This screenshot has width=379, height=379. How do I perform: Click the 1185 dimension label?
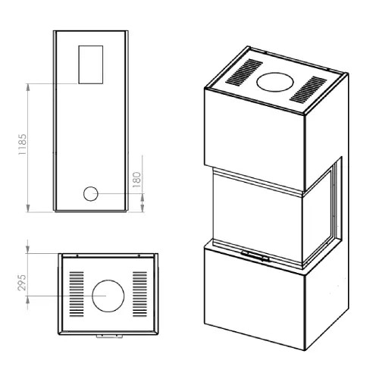pos(22,145)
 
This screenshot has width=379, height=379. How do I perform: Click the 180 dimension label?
pos(136,180)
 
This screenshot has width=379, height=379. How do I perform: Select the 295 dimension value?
pos(22,283)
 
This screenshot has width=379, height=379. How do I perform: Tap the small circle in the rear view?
pos(90,194)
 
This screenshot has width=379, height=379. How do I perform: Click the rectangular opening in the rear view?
pos(91,64)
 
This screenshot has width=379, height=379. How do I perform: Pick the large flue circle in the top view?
pos(108,296)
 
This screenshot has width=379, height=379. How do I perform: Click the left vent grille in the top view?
pos(77,294)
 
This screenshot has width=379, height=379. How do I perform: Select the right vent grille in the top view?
pos(139,294)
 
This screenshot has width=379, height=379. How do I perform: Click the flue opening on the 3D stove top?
pos(275,82)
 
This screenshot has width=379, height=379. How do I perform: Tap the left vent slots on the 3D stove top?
pos(244,72)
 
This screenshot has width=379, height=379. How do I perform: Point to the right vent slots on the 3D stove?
pos(308,89)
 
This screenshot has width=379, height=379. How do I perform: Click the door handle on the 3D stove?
pos(255,256)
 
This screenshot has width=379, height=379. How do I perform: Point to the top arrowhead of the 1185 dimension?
pos(28,87)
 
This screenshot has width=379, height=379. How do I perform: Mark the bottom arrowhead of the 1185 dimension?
pos(28,208)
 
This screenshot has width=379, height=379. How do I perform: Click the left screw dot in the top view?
pos(77,255)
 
